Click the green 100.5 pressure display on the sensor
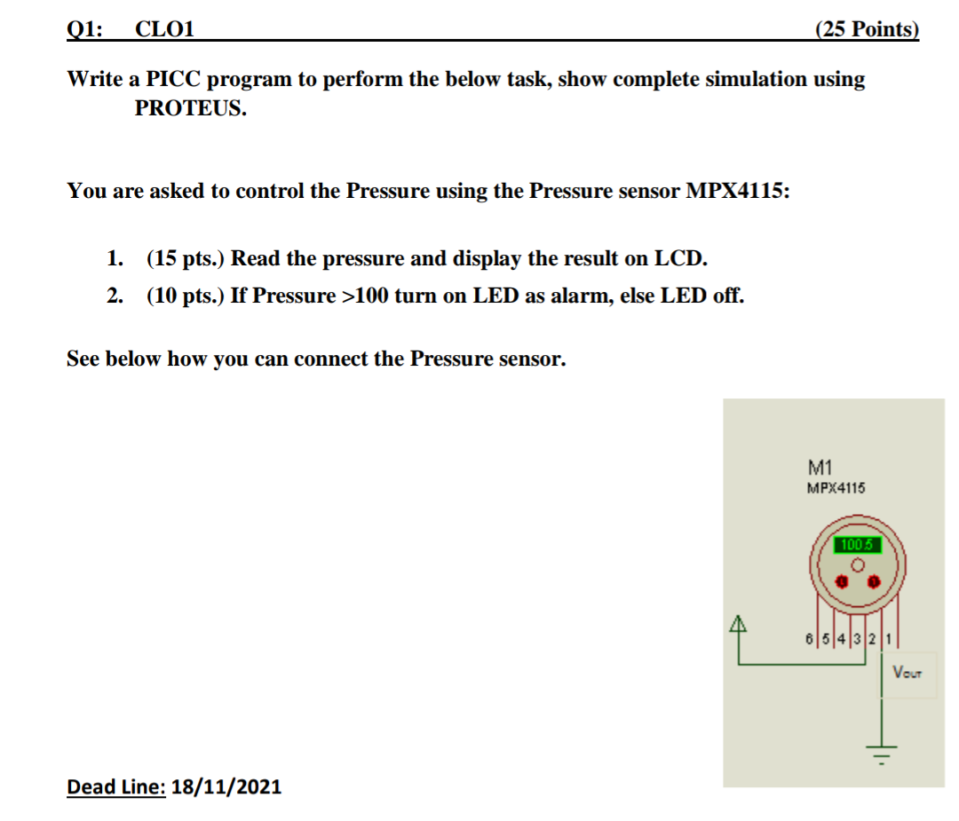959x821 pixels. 857,544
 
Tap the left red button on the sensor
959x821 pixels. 841,581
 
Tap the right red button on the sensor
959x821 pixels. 874,581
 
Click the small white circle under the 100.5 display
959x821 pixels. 857,564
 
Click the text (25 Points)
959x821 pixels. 866,29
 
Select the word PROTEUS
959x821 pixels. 190,109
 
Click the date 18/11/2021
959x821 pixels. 226,785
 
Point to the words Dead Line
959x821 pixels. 116,785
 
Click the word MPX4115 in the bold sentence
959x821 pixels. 736,191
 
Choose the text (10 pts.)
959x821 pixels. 186,296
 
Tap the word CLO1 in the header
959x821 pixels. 164,29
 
